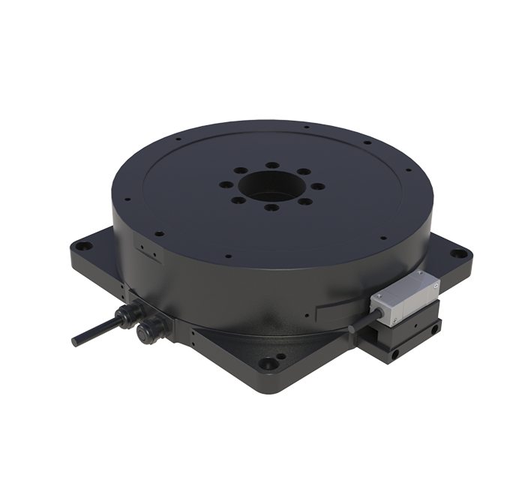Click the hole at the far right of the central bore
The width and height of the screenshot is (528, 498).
pyautogui.click(x=319, y=184)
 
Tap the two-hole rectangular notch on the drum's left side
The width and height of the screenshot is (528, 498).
pyautogui.click(x=144, y=247)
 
